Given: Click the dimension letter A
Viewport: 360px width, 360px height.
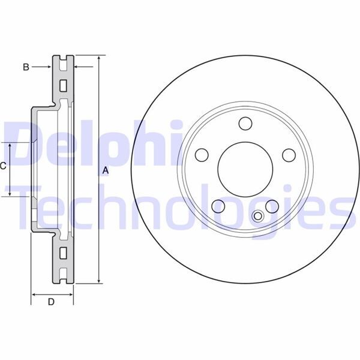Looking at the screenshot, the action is [x=105, y=170].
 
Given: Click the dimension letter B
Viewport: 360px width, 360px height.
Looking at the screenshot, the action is [x=26, y=67].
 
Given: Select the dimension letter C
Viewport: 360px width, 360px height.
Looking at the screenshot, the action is [x=3, y=166].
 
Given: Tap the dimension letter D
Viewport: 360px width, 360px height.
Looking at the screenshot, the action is [x=51, y=302].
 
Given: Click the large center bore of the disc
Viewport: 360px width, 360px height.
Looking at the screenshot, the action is [x=245, y=170].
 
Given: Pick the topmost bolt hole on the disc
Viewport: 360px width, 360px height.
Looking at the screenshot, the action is [x=245, y=123].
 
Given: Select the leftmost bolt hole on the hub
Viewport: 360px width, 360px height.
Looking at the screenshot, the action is [x=202, y=155].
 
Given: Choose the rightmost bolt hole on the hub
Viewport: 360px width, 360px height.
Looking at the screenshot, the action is [x=289, y=155].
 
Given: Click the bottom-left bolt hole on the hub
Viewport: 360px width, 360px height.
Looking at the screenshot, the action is [x=218, y=206].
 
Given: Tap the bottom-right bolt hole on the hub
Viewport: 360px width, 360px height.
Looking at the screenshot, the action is [x=272, y=206].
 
